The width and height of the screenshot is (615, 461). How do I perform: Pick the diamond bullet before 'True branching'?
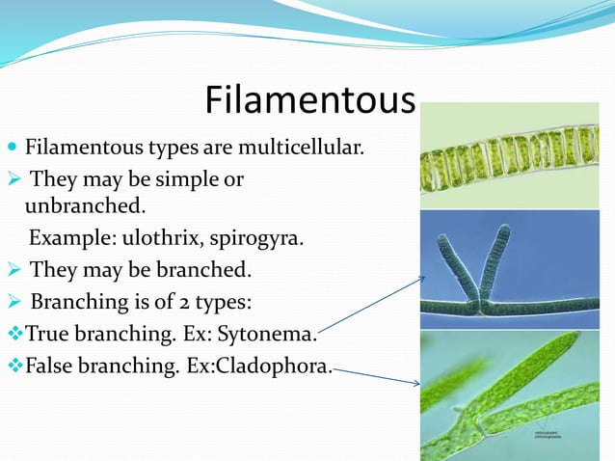pyautogui.click(x=13, y=335)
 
